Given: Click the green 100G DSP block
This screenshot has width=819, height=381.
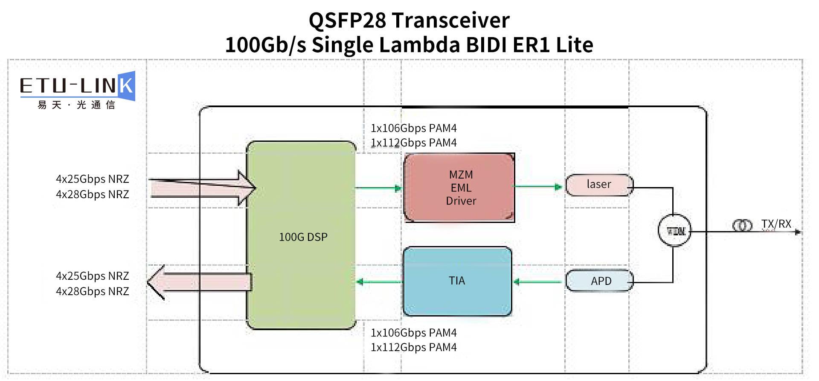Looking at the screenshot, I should tap(301, 236).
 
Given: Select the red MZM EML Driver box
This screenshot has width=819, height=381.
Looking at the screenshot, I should tap(459, 188).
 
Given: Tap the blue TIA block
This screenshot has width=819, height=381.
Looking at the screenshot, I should tap(457, 281).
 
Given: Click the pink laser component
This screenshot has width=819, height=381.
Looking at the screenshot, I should tap(599, 185).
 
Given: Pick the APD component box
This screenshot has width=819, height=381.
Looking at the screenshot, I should tap(600, 281).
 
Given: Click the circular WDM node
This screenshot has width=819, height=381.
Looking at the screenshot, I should tap(674, 231).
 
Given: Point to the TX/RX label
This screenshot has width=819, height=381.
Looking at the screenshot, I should tap(776, 224).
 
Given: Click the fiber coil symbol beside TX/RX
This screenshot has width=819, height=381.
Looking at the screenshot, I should tap(742, 225).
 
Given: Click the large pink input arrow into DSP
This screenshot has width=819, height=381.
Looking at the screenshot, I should tap(203, 188).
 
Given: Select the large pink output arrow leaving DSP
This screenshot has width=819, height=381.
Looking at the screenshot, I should tap(200, 282).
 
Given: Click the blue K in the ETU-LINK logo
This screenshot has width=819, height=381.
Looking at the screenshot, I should tap(126, 86).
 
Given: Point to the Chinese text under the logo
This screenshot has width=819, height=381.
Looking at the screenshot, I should tap(77, 105).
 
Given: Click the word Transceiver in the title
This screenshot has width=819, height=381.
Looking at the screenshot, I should tap(450, 21).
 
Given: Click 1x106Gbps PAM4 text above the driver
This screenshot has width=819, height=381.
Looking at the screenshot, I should tap(413, 128).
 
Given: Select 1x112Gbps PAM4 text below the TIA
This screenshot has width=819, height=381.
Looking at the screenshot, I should tap(413, 347).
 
